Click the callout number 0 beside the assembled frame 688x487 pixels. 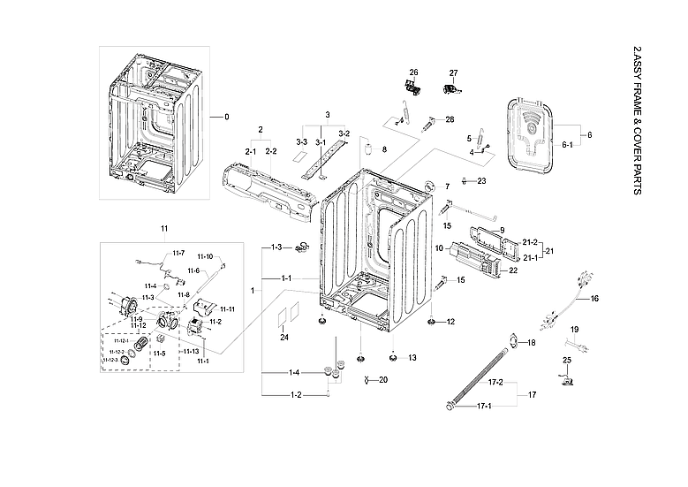226,117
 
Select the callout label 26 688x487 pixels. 412,72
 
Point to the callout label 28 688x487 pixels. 450,119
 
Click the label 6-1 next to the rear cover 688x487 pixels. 567,144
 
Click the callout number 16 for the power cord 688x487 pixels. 594,299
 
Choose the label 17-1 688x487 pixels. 484,407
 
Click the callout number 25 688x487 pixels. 568,361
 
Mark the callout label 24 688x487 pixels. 284,337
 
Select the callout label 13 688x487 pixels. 412,358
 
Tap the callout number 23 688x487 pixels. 481,180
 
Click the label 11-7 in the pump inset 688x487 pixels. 178,253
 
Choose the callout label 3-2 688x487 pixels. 344,133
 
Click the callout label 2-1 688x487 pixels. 250,151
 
